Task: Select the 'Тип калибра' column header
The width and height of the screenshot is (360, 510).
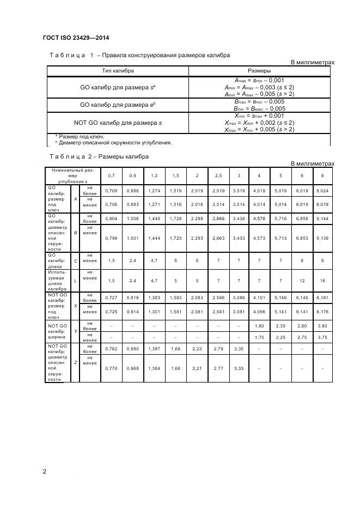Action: pos(118,71)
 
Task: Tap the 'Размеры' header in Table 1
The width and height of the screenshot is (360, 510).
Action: pos(259,71)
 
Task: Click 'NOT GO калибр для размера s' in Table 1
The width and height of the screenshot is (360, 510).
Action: pos(118,123)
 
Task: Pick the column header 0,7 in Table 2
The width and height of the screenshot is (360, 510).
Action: pos(111,175)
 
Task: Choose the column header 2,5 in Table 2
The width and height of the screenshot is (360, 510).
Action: pos(218,175)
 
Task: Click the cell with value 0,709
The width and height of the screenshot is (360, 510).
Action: pos(111,191)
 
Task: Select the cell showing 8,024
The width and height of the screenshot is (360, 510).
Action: pos(322,191)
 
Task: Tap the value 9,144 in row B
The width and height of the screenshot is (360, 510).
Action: pos(322,218)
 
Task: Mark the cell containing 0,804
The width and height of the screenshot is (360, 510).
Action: pos(111,218)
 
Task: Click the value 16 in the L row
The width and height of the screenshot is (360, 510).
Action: pos(322,280)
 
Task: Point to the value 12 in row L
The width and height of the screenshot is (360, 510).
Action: pos(302,280)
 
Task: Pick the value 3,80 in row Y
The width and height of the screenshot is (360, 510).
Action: pos(322,326)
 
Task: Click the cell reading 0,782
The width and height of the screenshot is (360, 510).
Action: pos(111,349)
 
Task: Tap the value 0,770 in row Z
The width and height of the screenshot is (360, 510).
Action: pos(111,368)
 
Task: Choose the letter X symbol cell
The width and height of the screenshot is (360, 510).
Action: pos(75,306)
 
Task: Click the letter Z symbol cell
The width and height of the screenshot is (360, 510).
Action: pos(75,362)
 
